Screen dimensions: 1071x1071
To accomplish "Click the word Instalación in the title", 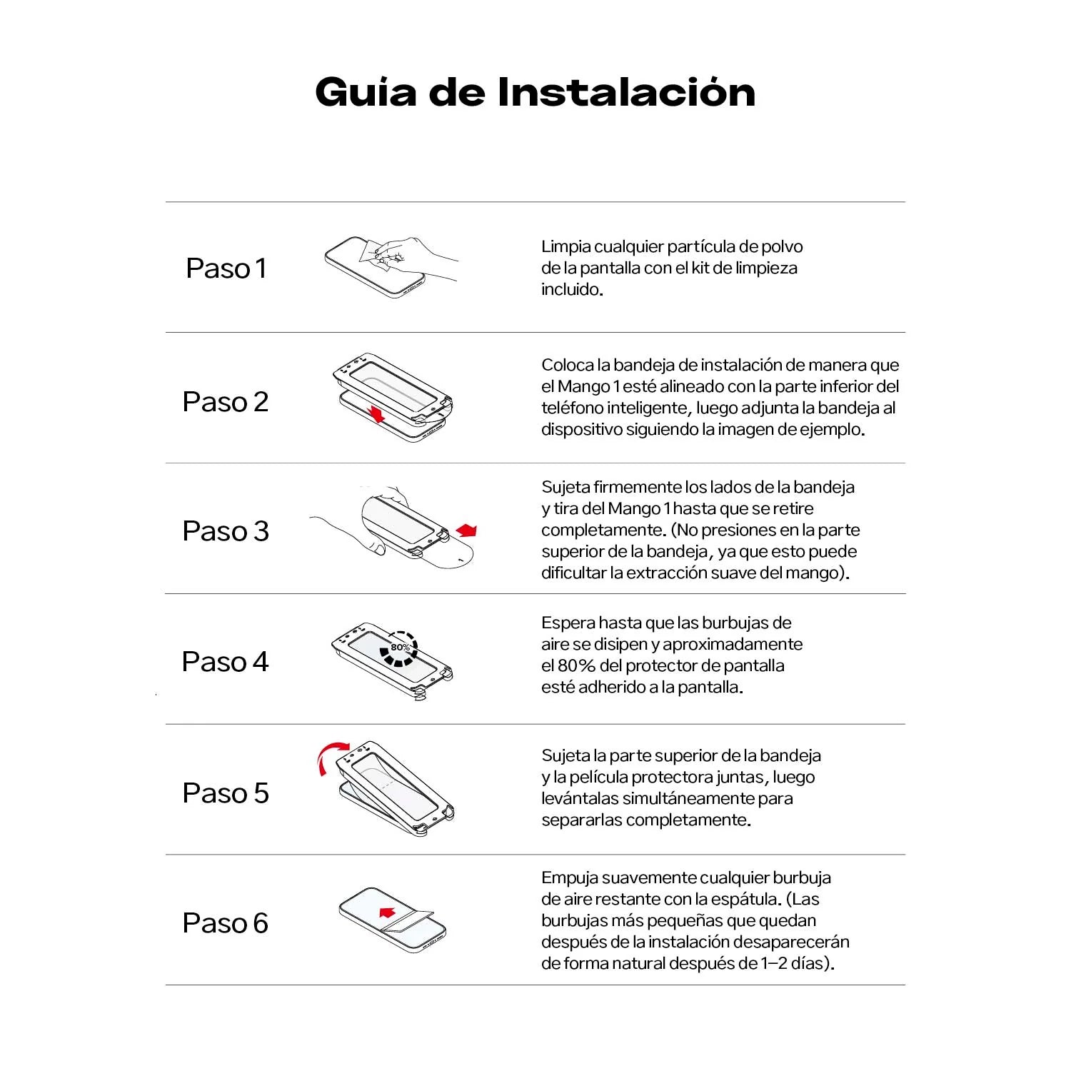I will point(626,93).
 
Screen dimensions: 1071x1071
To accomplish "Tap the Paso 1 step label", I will point(226,268).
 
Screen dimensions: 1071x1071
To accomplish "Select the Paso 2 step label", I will point(226,402).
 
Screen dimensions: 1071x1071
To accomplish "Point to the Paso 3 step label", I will point(226,531).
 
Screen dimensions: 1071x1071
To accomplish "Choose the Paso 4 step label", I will point(226,662).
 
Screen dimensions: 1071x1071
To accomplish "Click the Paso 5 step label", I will point(226,793).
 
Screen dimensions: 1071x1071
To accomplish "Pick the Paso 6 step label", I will point(226,923).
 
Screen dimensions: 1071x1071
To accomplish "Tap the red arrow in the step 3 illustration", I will point(467,530).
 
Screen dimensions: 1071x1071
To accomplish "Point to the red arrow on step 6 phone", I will point(387,912).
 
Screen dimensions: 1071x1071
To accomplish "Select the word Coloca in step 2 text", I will point(568,366).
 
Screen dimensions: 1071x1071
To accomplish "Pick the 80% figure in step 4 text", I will point(576,666).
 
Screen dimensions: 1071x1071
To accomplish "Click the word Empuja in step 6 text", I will point(569,878).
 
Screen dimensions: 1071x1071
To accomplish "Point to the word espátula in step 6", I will point(747,900).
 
